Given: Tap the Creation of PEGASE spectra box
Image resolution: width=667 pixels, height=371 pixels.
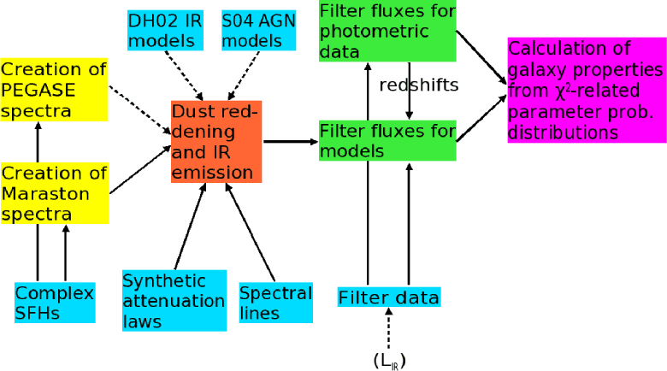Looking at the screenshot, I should coord(54,89).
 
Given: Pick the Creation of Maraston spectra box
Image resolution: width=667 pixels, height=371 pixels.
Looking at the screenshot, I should coord(54,193).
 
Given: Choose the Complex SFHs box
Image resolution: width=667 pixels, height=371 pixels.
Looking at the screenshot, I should coord(55,303).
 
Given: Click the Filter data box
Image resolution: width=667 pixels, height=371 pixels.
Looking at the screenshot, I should coord(388,297).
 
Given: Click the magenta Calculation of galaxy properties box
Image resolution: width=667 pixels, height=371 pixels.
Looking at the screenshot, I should coord(586,90).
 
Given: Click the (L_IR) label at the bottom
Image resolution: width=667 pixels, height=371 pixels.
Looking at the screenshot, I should coord(389,360).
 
